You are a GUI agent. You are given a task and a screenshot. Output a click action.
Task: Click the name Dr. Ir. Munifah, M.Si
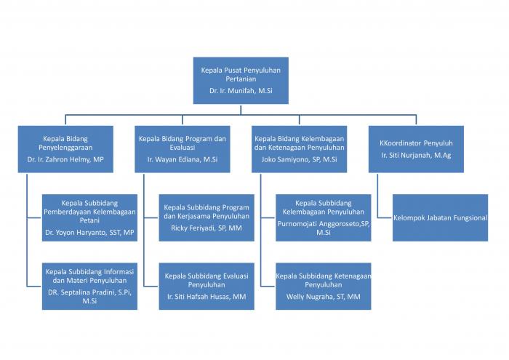[x=241, y=91]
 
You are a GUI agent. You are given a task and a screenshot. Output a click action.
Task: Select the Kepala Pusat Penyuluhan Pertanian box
[x=241, y=81]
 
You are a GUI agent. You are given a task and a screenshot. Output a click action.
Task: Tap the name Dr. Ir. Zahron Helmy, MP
[x=65, y=159]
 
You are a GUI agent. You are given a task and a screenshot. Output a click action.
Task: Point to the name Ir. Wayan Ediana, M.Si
[x=182, y=159]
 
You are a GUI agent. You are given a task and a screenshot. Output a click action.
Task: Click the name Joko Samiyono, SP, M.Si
[x=299, y=159]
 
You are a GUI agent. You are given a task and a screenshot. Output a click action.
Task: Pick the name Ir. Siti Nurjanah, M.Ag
[x=416, y=155]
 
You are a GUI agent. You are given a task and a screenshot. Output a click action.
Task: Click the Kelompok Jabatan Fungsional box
[x=440, y=217]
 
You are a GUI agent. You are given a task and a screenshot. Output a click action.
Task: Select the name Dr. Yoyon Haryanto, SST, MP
[x=89, y=233]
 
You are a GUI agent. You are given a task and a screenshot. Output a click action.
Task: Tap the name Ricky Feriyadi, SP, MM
[x=207, y=228]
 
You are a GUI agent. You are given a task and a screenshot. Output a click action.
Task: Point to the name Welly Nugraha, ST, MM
[x=324, y=297]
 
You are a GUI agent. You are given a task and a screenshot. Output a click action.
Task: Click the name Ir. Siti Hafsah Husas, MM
[x=207, y=297]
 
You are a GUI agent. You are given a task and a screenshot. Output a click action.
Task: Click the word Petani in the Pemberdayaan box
[x=89, y=220]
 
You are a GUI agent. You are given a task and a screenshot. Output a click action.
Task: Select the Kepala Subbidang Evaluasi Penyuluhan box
[x=207, y=287]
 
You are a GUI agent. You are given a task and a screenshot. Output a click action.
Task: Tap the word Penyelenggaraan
[x=65, y=148]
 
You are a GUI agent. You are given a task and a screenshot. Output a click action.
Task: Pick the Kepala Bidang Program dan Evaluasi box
[x=182, y=149]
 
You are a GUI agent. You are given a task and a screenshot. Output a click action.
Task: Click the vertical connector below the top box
[x=241, y=110]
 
